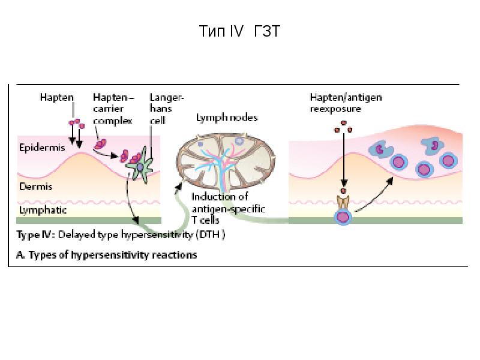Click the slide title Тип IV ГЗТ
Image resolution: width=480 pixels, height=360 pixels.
tap(239, 31)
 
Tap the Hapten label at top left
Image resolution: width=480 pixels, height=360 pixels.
tap(56, 97)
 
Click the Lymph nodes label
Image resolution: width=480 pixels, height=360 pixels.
tap(227, 118)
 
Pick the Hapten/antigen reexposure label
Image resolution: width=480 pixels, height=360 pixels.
tap(346, 103)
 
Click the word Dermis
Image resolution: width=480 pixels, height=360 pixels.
tap(35, 187)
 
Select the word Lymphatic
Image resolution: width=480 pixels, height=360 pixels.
tap(43, 211)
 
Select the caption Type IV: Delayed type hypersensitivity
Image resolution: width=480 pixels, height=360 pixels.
tap(120, 235)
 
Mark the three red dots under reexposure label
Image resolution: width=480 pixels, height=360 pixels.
tap(344, 125)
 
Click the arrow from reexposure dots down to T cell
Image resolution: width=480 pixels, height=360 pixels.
tap(344, 162)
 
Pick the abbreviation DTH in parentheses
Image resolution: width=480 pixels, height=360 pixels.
tap(214, 235)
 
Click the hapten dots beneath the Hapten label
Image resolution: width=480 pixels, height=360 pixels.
tap(76, 124)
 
